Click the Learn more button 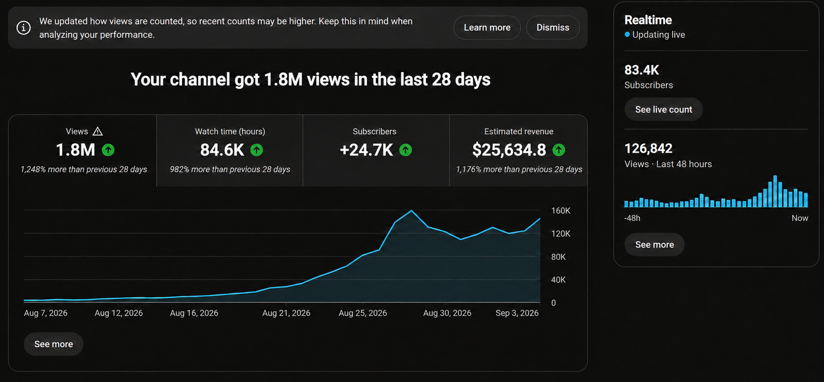[487, 28]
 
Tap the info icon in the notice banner [24, 28]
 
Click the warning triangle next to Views [97, 131]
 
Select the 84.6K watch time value [222, 150]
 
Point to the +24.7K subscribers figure [366, 150]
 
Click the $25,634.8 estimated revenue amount [509, 150]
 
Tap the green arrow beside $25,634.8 [558, 150]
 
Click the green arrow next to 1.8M [108, 150]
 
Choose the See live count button [664, 110]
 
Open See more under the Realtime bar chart [655, 245]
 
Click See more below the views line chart [54, 344]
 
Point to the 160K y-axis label [561, 211]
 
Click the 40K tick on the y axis [558, 280]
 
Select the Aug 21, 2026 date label [286, 313]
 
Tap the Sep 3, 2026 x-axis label [517, 313]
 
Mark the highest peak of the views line [411, 210]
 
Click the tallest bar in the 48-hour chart [775, 191]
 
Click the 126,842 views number [648, 149]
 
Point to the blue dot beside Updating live [627, 34]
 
